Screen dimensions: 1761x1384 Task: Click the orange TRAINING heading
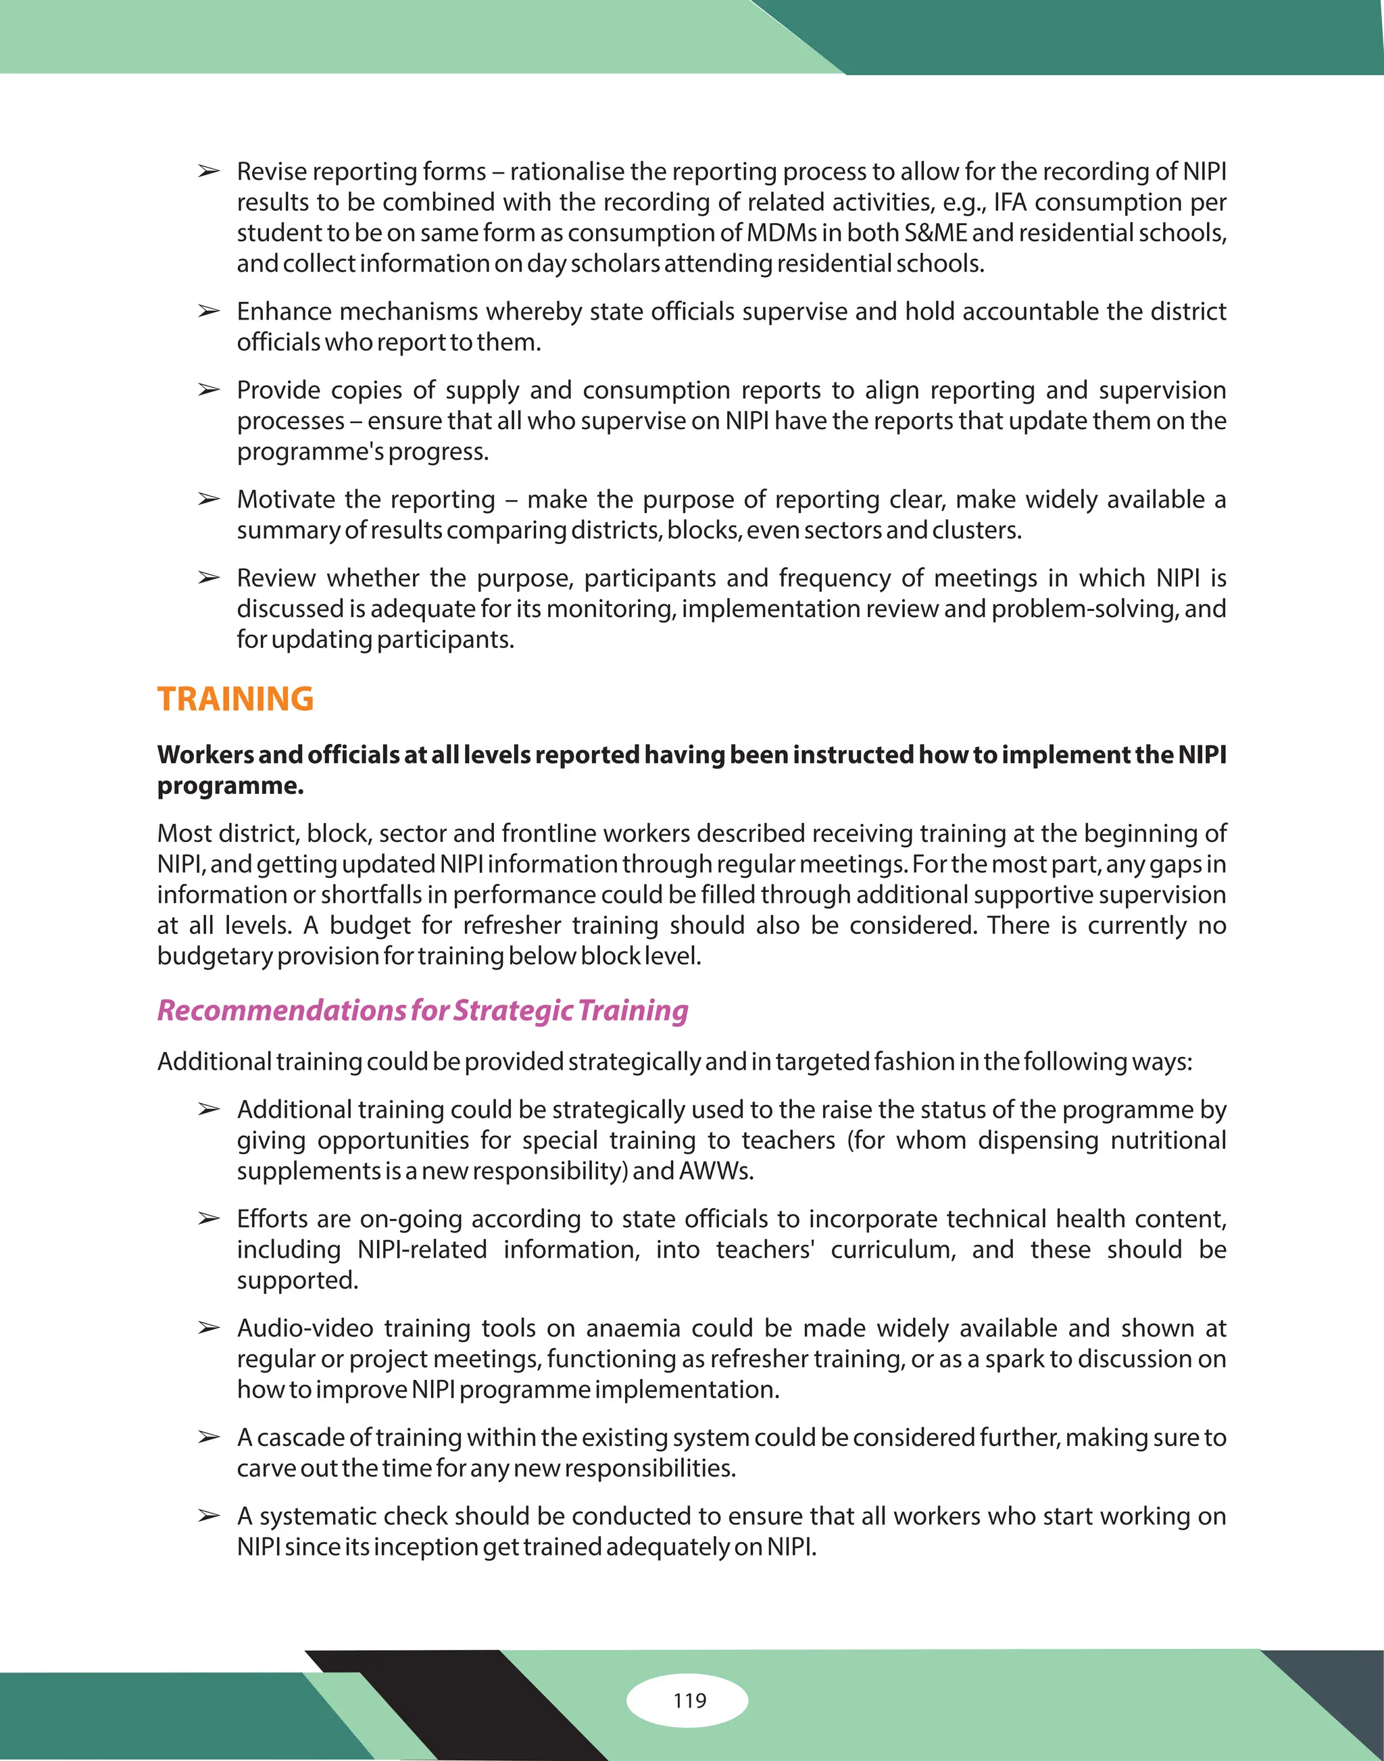point(235,699)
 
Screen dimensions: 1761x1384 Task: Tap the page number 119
point(689,1700)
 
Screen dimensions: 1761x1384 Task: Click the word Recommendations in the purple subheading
point(281,1010)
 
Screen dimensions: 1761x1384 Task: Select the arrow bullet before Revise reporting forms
point(209,172)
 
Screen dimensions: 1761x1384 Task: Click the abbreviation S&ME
point(935,233)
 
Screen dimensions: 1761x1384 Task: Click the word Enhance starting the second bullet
point(284,312)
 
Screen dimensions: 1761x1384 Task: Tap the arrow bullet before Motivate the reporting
point(209,500)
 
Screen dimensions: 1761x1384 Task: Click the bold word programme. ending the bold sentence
point(230,787)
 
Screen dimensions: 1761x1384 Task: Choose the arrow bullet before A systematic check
point(209,1517)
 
